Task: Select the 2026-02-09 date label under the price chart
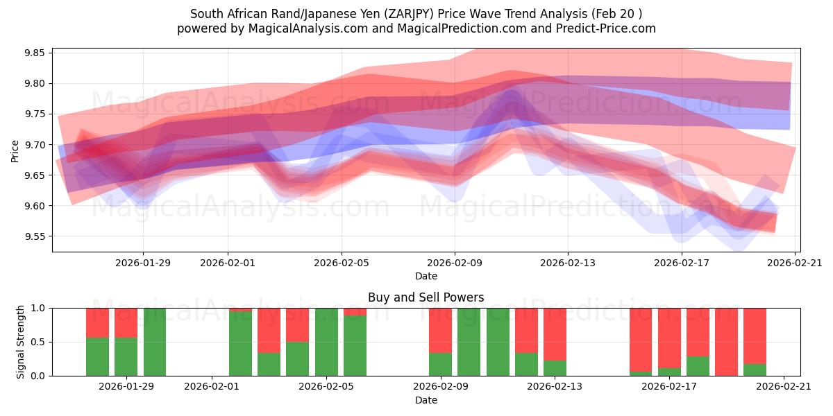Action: (455, 263)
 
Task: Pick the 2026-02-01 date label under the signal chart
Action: (212, 387)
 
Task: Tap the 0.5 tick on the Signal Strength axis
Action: (38, 342)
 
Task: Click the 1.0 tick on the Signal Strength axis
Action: (38, 308)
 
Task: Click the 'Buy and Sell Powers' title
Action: (426, 297)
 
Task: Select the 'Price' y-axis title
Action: (15, 150)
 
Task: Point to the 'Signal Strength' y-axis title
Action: (21, 342)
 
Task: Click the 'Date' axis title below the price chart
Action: (426, 276)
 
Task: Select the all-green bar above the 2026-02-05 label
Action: (326, 342)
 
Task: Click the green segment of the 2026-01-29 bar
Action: (126, 356)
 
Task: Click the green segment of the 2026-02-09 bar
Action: (440, 364)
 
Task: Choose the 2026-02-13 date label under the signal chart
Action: (555, 387)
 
